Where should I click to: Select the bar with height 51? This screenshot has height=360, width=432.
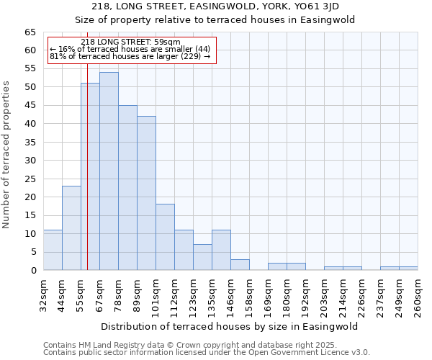[x=90, y=176]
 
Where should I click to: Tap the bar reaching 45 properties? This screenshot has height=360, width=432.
[x=127, y=188]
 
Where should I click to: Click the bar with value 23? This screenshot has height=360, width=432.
[x=71, y=228]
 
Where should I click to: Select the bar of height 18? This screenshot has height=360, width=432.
[x=165, y=237]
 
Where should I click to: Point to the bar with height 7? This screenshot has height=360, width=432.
[x=202, y=257]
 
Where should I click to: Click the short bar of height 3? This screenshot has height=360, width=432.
[x=240, y=264]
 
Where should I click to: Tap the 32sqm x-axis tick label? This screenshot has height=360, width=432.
[x=44, y=294]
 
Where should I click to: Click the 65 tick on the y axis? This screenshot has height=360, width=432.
[x=30, y=32]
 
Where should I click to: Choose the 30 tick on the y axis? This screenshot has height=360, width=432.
[x=30, y=161]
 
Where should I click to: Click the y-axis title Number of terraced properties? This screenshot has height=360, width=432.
[x=7, y=154]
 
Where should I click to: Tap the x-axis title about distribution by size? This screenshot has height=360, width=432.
[x=230, y=326]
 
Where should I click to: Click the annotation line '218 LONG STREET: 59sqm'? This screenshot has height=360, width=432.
[x=131, y=42]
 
